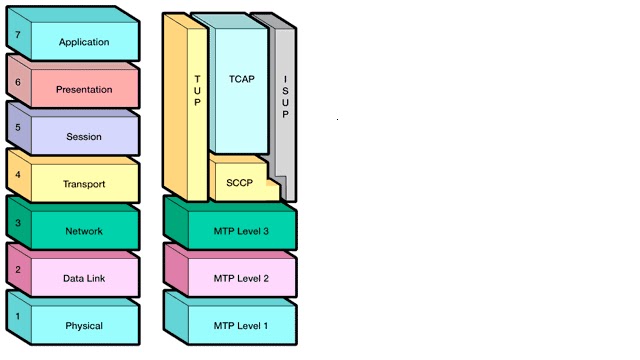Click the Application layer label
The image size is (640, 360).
click(x=84, y=42)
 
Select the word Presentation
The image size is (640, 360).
click(x=84, y=89)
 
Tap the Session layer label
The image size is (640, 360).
click(x=84, y=137)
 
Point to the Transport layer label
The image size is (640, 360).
click(x=84, y=184)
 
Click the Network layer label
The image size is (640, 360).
click(x=84, y=231)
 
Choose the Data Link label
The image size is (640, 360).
click(x=84, y=279)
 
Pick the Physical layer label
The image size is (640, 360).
click(x=84, y=326)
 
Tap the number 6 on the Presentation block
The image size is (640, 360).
click(x=17, y=82)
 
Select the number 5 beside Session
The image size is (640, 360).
click(x=17, y=129)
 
